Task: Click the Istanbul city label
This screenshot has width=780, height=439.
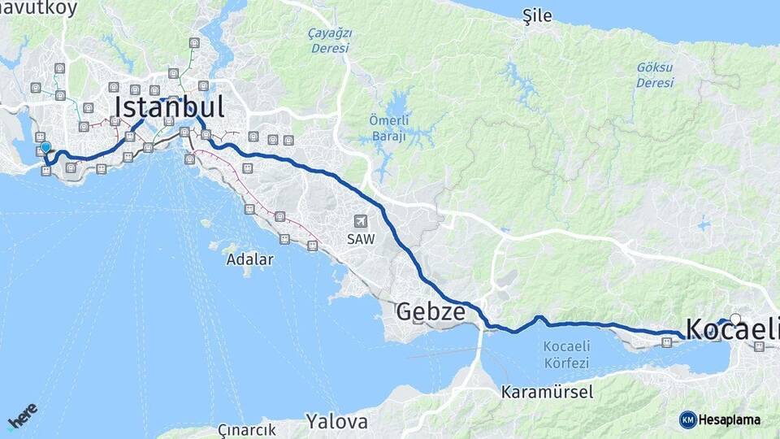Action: pos(169,107)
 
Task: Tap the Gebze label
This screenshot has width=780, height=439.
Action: pos(431,311)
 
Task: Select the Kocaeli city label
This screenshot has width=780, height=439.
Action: pos(731,329)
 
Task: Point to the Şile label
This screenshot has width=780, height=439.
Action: pos(537,16)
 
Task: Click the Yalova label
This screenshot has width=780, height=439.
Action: pos(336,422)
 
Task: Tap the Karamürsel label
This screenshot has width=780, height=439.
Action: pos(547,392)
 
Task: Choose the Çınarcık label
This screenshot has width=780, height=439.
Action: pos(247,430)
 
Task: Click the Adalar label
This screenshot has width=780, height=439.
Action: pos(250,260)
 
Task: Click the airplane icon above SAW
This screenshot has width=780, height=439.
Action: pos(360,221)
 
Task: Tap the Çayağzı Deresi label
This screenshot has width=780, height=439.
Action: pos(329,41)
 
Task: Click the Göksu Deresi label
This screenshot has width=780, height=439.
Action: pos(655,76)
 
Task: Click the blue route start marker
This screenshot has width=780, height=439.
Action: pos(45,148)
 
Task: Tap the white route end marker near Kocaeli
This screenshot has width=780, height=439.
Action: pos(735,319)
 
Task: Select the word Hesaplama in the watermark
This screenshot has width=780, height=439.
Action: pos(730,419)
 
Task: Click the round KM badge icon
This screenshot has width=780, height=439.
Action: pos(687,419)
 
